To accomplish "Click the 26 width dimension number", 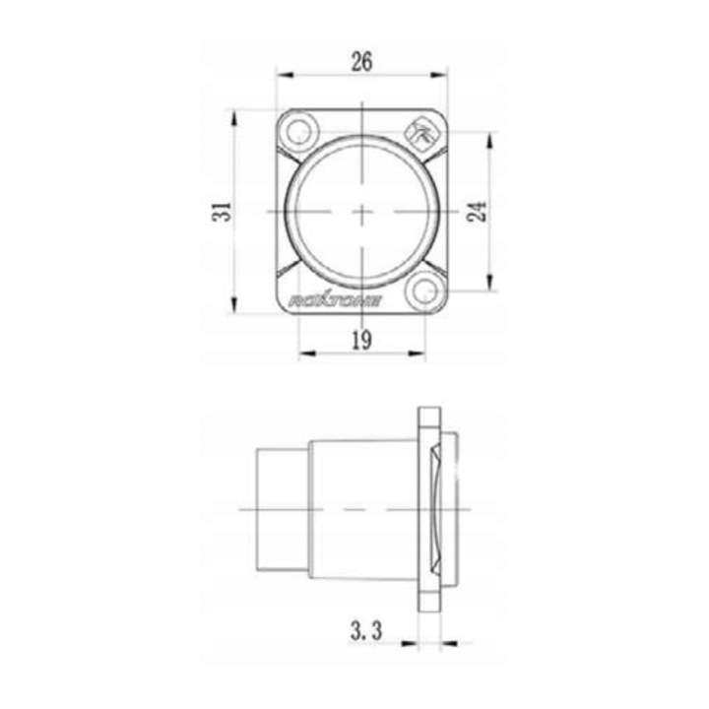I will tap(361, 61).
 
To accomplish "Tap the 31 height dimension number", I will tap(226, 210).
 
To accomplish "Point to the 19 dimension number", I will tap(361, 341).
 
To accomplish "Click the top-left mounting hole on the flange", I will tap(299, 128).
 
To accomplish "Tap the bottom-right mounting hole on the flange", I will tap(425, 291).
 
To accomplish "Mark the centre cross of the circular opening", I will tap(362, 210).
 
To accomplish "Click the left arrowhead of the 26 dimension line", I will tap(281, 74).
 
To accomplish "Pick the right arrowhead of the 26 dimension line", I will tap(443, 74).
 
